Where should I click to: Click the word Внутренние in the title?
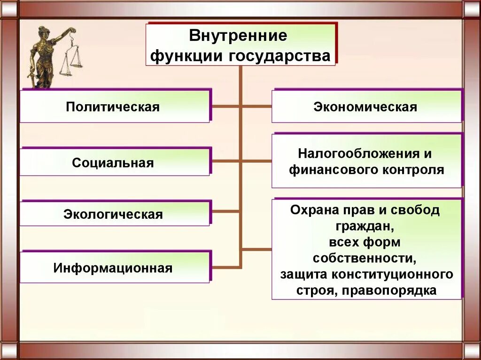point(238,36)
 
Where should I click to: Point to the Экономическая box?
point(365,107)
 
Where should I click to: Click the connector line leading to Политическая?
point(225,107)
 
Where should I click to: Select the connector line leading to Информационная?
point(225,267)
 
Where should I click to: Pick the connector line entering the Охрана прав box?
point(256,248)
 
